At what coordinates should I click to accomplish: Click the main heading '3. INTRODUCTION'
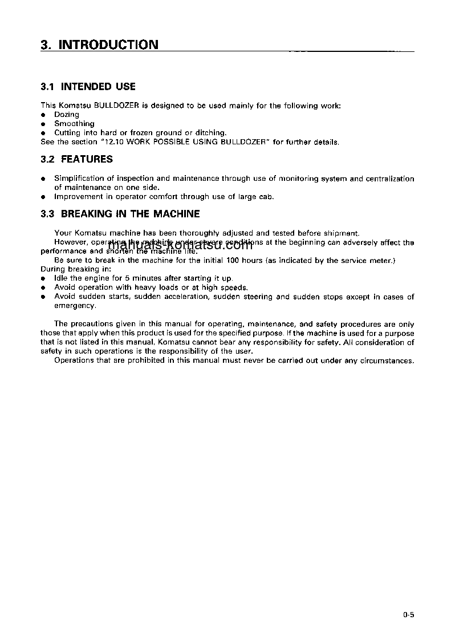[100, 45]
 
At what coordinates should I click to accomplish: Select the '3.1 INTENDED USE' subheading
[88, 87]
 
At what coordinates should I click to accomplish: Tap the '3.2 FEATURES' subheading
[77, 159]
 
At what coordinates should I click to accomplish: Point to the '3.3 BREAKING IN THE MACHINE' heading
[120, 214]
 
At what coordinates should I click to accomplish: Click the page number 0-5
[408, 615]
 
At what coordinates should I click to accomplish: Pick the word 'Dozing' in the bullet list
[67, 115]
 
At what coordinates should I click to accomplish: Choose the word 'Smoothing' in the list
[74, 124]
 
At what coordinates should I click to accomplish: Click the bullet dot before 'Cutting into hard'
[43, 133]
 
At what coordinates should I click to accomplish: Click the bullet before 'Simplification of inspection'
[43, 179]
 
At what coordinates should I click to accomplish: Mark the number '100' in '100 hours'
[233, 261]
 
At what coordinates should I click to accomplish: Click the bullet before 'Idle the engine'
[43, 279]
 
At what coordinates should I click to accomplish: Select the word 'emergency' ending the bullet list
[74, 306]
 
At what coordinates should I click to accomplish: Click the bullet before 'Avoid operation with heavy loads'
[43, 288]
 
